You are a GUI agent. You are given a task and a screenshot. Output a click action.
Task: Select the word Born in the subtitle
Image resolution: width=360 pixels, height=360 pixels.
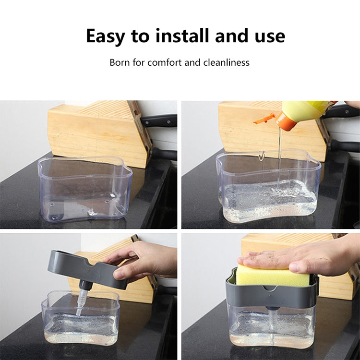120,62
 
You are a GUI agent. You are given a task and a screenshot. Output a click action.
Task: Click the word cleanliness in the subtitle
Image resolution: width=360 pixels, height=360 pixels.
227,62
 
